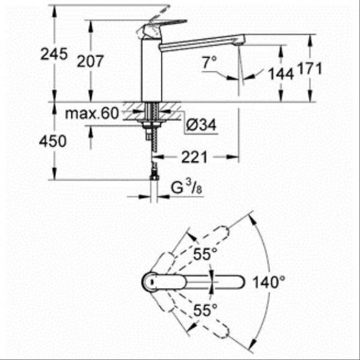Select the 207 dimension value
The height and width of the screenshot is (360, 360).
[x=91, y=60]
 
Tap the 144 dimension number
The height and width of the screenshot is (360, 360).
[x=280, y=74]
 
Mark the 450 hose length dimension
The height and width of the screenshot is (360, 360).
[x=53, y=142]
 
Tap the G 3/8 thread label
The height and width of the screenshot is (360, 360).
[x=184, y=186]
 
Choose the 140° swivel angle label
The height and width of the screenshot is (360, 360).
[x=268, y=282]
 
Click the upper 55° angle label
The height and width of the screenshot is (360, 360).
[x=204, y=254]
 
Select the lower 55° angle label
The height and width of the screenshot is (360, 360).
[x=204, y=308]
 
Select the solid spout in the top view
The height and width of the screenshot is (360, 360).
[x=205, y=281]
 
